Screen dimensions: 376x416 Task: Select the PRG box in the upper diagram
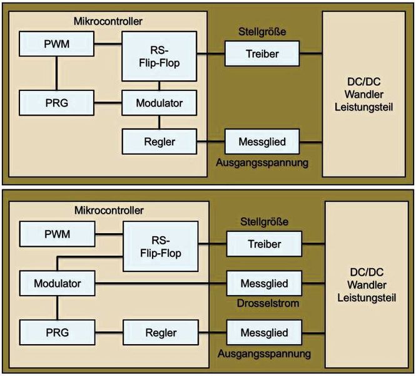tap(56, 101)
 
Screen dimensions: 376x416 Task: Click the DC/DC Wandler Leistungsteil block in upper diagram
tap(365, 94)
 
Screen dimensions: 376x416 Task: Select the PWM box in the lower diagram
tap(56, 234)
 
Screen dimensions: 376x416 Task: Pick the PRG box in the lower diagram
tap(56, 332)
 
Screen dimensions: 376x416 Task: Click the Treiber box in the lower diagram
tap(263, 244)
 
